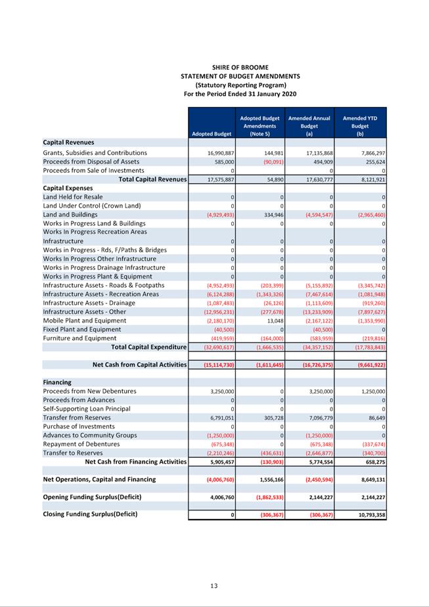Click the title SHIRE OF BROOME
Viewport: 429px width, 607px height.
click(x=240, y=68)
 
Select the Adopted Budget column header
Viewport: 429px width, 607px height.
click(x=212, y=134)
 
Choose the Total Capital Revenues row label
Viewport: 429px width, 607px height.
click(x=152, y=179)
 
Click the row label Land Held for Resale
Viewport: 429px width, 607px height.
click(x=73, y=197)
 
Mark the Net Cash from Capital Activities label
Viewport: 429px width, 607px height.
click(x=139, y=365)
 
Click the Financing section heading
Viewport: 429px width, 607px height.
click(x=57, y=382)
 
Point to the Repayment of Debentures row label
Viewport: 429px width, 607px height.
click(x=81, y=444)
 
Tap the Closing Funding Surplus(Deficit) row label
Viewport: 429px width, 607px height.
click(x=90, y=514)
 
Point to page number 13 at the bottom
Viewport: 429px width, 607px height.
click(x=214, y=586)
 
